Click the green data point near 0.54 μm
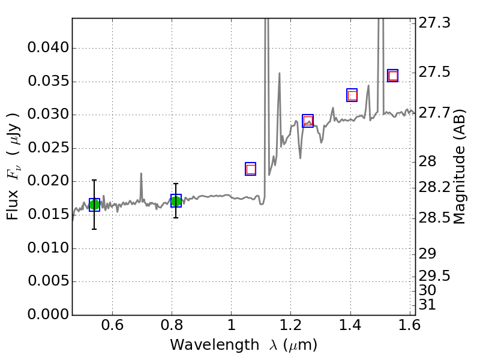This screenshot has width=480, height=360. (x=94, y=205)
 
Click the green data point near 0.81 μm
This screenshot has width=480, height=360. (x=176, y=201)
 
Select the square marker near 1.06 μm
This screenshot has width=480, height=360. (x=251, y=169)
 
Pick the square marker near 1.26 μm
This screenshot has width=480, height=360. (x=308, y=121)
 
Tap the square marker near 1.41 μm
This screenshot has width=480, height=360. (x=352, y=95)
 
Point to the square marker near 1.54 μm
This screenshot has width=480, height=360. (x=393, y=76)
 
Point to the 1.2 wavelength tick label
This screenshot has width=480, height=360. (x=290, y=328)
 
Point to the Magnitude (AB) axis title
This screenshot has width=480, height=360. (x=460, y=166)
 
